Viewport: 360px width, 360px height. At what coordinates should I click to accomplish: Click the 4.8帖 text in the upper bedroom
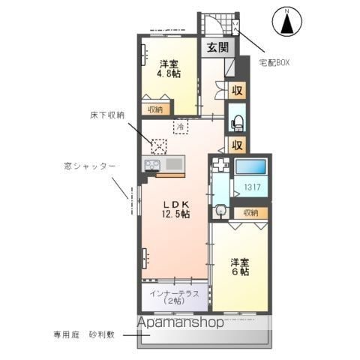(168, 74)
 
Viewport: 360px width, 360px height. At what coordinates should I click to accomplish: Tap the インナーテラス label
(174, 293)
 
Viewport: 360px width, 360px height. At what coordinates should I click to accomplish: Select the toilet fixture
(236, 121)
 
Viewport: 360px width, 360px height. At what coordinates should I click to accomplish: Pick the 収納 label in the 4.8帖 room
(155, 109)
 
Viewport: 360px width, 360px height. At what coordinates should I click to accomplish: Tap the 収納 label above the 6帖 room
(247, 214)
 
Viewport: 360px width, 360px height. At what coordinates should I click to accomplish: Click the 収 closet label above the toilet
(236, 92)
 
